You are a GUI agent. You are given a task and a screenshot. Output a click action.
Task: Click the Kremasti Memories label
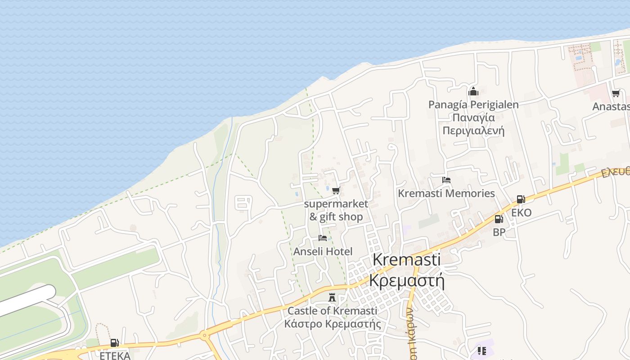tap(446, 193)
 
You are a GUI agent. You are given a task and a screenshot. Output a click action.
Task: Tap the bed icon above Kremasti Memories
tap(446, 180)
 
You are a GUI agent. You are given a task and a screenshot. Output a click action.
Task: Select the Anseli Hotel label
tap(323, 252)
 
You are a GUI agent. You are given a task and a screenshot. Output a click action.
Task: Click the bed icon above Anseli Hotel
tap(323, 238)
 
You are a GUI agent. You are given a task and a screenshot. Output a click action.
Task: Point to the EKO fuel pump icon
tap(521, 199)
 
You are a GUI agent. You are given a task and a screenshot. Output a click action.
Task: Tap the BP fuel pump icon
tap(499, 219)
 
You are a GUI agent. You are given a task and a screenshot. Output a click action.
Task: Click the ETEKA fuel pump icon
tap(115, 343)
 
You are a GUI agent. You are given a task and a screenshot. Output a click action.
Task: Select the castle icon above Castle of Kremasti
tap(332, 297)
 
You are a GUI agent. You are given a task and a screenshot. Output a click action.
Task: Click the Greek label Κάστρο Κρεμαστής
tap(333, 324)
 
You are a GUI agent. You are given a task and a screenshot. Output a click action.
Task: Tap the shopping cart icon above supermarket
tap(336, 191)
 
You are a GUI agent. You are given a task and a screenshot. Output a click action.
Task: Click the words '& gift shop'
tap(336, 217)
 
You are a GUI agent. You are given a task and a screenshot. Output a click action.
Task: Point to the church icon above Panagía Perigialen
tap(473, 92)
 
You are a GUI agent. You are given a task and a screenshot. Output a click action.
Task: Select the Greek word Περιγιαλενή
tap(473, 131)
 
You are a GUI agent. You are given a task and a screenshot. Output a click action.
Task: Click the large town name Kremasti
tap(407, 260)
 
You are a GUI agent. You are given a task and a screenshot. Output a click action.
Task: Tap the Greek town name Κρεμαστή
tap(407, 280)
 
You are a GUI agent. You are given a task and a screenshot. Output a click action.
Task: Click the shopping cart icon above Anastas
tap(616, 94)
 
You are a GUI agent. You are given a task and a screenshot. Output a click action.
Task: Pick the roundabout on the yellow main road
tap(205, 335)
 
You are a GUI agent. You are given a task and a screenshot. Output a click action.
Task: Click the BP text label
tap(499, 232)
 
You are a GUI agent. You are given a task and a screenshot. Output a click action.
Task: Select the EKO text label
tap(521, 212)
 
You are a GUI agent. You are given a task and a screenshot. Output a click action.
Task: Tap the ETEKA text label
tap(115, 355)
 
